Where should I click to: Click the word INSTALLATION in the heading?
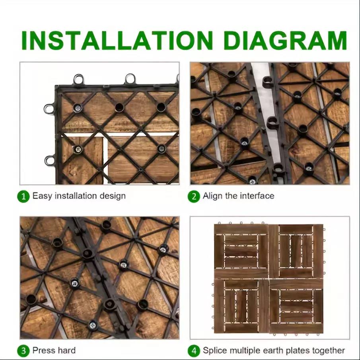(x=117, y=40)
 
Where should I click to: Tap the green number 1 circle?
(x=23, y=197)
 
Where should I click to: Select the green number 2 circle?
(x=194, y=197)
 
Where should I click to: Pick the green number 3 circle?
(x=23, y=351)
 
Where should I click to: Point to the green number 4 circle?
(x=194, y=351)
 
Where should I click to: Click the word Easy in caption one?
(x=42, y=196)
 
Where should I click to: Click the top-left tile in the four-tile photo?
(x=241, y=251)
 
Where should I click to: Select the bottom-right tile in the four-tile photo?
(x=296, y=306)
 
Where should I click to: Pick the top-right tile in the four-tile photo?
(x=296, y=251)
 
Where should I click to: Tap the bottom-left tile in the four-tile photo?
(x=241, y=306)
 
